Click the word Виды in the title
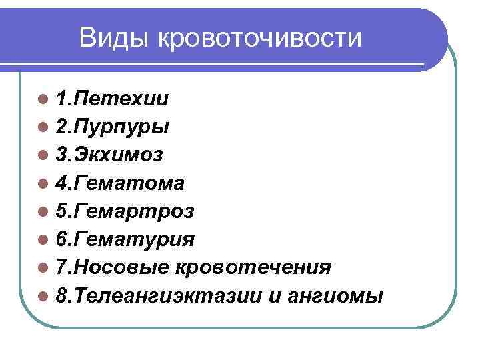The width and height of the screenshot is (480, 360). point(114,38)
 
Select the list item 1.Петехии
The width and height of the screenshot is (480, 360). point(112,99)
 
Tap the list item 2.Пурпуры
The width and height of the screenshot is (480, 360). point(113,127)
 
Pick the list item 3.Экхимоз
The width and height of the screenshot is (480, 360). point(109,155)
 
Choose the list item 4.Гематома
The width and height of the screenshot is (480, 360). point(121,183)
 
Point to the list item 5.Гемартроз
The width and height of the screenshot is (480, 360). point(125,211)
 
